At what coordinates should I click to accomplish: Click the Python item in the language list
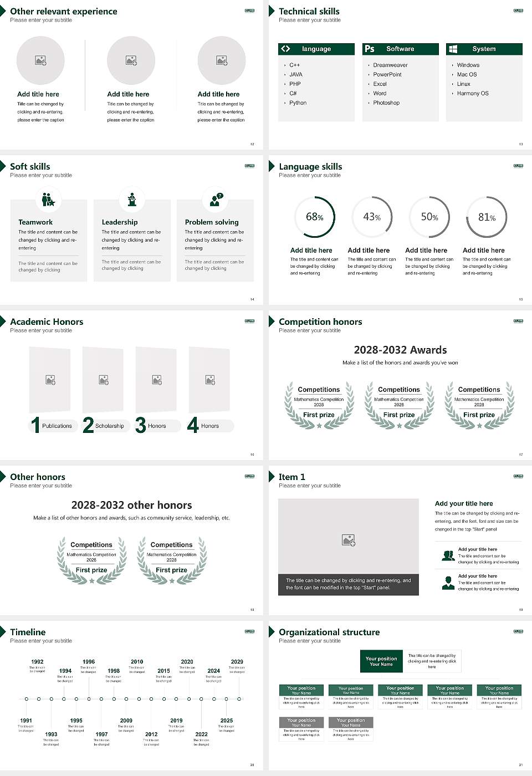point(298,103)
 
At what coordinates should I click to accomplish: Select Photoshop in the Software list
point(386,103)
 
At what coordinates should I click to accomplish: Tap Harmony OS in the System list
point(472,94)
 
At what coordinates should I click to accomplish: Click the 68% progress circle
point(315,217)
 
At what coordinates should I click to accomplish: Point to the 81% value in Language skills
point(487,217)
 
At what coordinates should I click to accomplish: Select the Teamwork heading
point(35,222)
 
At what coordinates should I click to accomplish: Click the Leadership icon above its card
point(132,199)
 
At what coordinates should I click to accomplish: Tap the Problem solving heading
point(212,222)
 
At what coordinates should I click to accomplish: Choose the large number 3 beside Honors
point(141,425)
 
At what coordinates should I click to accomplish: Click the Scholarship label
point(109,426)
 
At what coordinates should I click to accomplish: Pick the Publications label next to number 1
point(57,426)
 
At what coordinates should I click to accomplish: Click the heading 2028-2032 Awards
point(400,350)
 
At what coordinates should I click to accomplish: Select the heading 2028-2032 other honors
point(131,505)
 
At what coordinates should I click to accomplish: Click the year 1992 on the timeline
point(37,662)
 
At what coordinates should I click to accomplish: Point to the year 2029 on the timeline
point(237,662)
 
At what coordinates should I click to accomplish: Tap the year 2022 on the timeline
point(201,734)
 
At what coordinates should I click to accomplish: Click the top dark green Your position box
point(381,661)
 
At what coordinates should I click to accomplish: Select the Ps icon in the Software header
point(370,49)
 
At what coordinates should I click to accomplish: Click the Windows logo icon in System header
point(453,49)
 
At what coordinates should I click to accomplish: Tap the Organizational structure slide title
point(329,632)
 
